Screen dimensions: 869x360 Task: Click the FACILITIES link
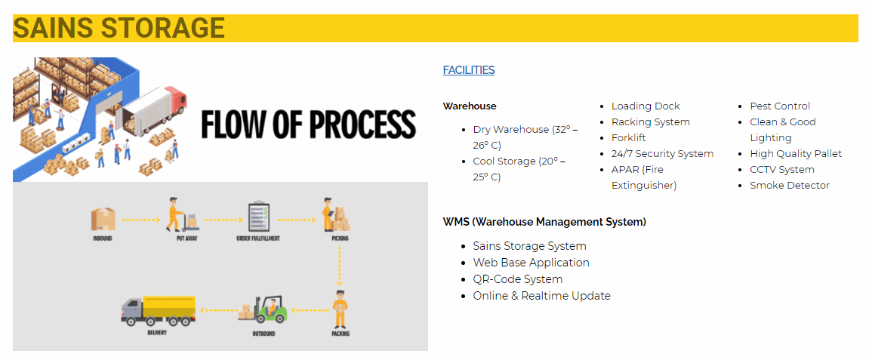(x=468, y=70)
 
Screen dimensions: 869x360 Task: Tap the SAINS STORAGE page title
(x=119, y=28)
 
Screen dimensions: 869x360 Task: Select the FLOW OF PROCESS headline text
(x=308, y=124)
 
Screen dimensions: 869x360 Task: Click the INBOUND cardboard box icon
(x=103, y=220)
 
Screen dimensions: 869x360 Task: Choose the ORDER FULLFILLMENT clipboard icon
(x=259, y=217)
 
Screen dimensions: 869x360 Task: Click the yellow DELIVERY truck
(x=158, y=311)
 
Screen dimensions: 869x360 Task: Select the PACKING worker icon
(x=340, y=309)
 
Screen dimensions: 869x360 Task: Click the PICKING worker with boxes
(x=336, y=214)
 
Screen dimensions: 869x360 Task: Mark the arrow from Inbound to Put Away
(x=140, y=220)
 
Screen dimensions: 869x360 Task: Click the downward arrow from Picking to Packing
(x=339, y=266)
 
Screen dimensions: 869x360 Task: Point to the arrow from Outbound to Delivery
(x=218, y=310)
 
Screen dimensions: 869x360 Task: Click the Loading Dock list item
(x=645, y=106)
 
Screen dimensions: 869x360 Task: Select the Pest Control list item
(x=780, y=106)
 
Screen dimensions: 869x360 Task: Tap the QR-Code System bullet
(x=518, y=279)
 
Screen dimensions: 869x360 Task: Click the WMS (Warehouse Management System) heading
(x=545, y=222)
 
